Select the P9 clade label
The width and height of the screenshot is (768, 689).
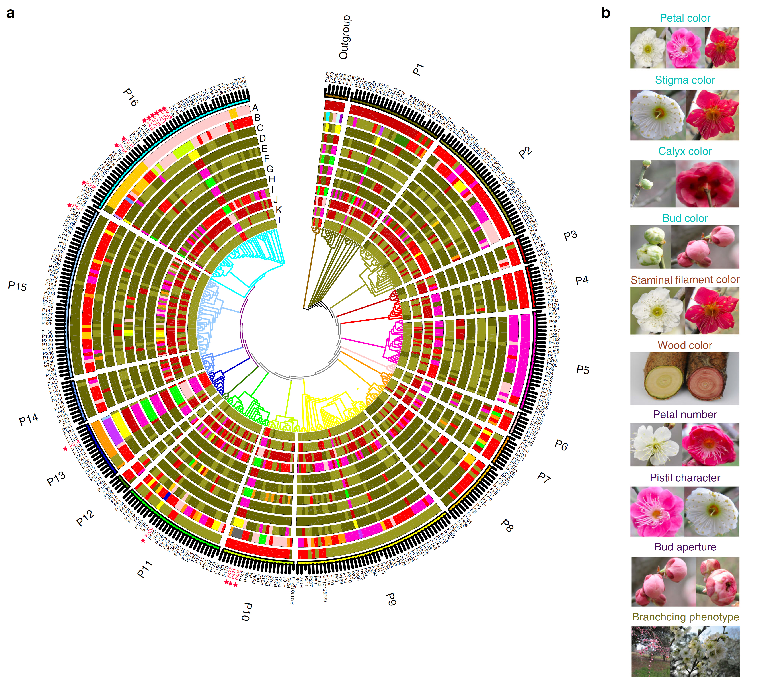[391, 599]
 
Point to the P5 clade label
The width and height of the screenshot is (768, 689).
[583, 370]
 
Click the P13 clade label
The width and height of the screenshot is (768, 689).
[56, 479]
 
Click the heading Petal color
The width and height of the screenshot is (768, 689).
[685, 18]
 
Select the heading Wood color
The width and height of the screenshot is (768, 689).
[685, 345]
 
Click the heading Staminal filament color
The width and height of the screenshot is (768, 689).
[685, 280]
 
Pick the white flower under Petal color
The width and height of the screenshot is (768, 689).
[648, 48]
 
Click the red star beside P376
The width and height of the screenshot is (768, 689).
[65, 449]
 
